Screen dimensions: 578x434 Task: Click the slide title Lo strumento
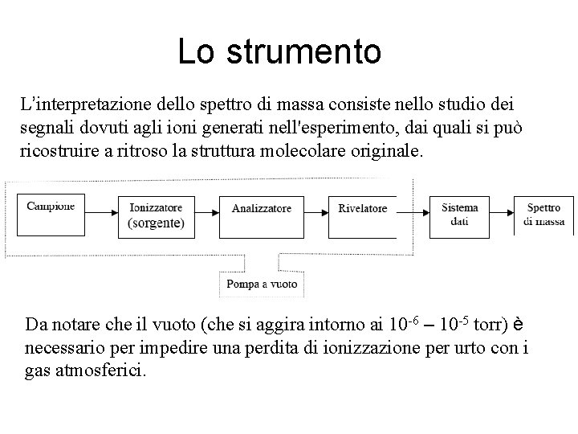pos(279,52)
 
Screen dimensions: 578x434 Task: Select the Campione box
pos(52,211)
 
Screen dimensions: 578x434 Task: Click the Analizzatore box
pos(262,211)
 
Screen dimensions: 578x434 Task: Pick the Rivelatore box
pos(363,211)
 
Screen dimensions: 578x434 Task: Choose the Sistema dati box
pos(460,213)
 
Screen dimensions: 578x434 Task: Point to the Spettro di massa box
pos(546,213)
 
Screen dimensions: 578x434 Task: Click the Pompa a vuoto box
pos(262,284)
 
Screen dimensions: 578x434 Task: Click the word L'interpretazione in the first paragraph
pos(87,104)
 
